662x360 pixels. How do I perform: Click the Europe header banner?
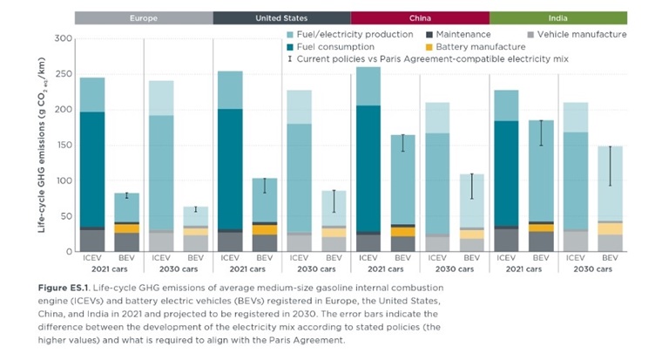[144, 17]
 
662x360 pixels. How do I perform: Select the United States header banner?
[281, 17]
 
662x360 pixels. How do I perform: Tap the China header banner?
[420, 17]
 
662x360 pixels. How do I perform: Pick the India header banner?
[558, 17]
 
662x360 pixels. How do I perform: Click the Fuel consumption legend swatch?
[289, 46]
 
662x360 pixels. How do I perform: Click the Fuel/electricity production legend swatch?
[289, 34]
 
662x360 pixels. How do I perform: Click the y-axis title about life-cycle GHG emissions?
[42, 144]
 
